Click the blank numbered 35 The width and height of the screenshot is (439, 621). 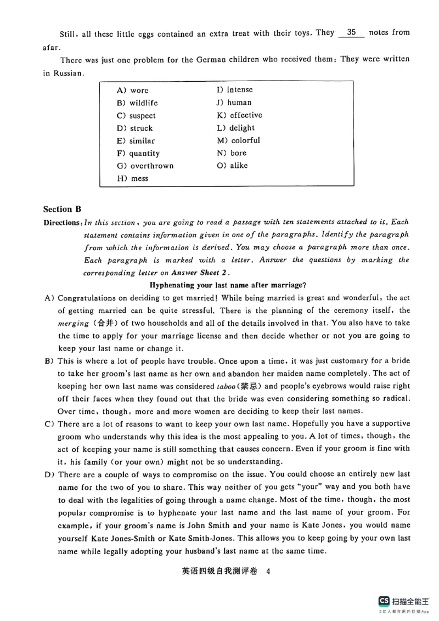pyautogui.click(x=352, y=32)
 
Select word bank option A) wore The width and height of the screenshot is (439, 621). pyautogui.click(x=132, y=91)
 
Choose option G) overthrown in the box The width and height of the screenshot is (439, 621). pyautogui.click(x=145, y=166)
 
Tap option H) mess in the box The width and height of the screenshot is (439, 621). pyautogui.click(x=132, y=178)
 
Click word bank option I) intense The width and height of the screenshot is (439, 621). pyautogui.click(x=235, y=89)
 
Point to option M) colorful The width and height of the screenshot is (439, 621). pyautogui.click(x=239, y=140)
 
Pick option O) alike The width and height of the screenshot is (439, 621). pyautogui.click(x=232, y=165)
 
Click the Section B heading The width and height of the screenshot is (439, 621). pyautogui.click(x=62, y=208)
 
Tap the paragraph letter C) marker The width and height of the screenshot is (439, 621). pyautogui.click(x=49, y=424)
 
